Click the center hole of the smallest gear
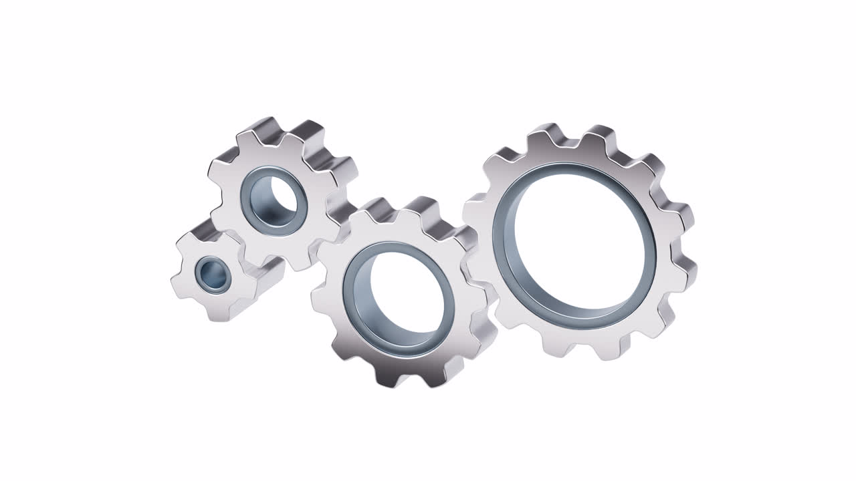click(x=213, y=273)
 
